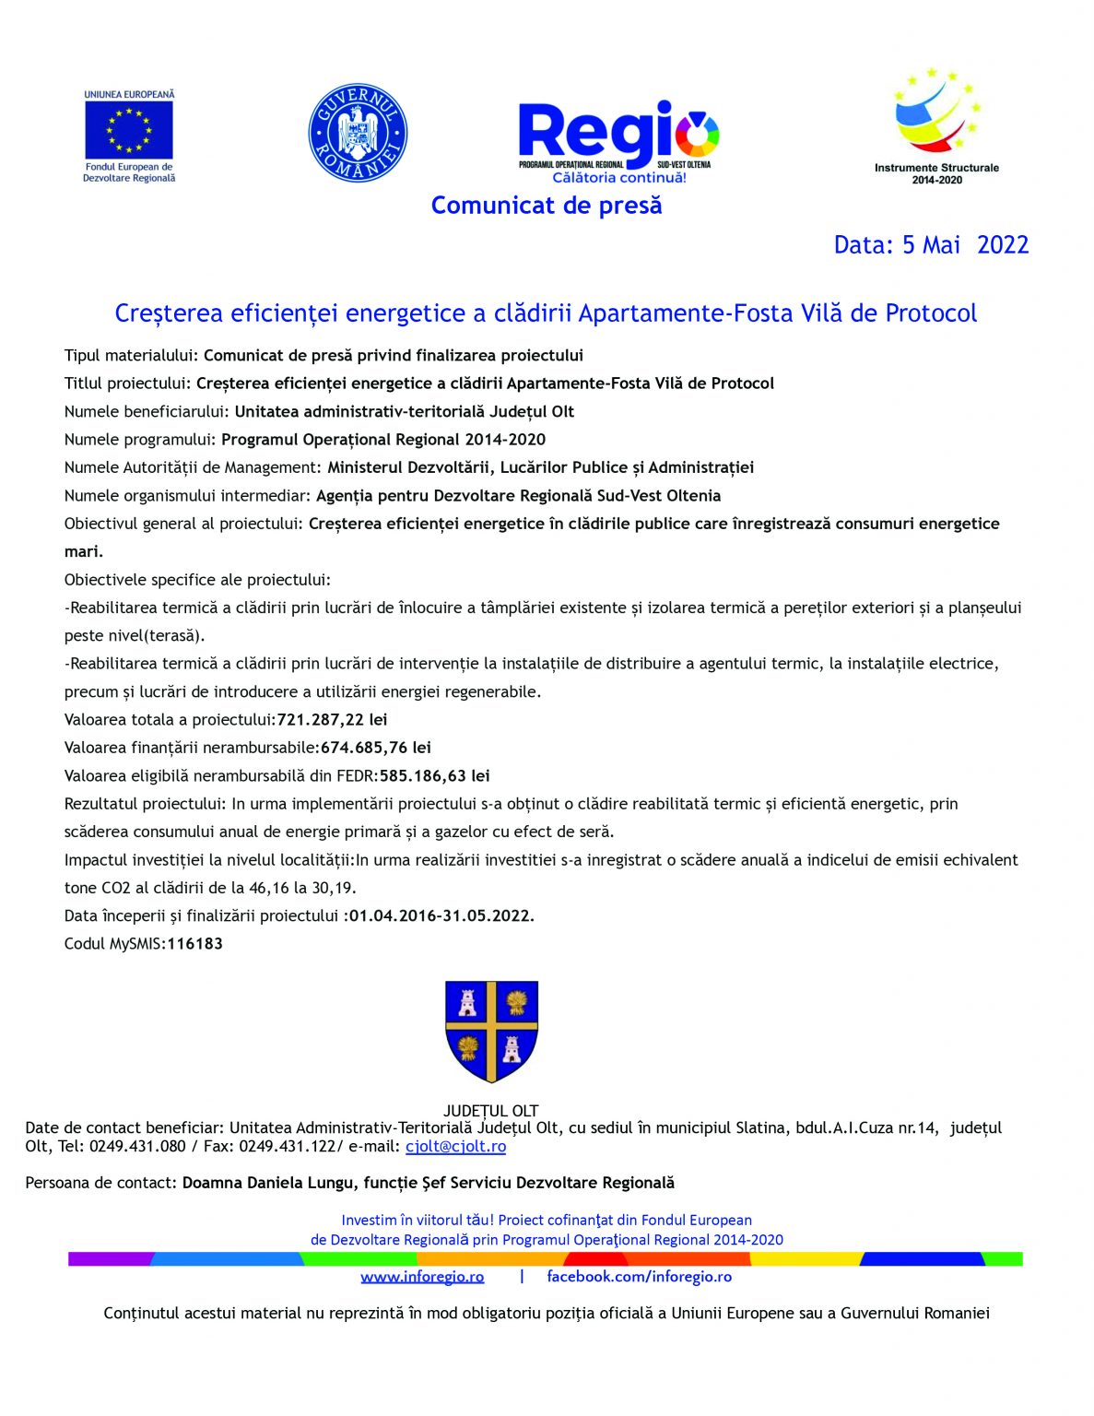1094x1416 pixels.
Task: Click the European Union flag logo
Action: point(129,130)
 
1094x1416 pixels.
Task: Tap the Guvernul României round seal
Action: point(358,133)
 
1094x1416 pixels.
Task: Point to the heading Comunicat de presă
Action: point(547,206)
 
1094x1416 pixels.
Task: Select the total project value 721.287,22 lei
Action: point(332,720)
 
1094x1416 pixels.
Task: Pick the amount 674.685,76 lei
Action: point(376,748)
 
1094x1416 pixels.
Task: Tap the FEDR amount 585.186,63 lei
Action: point(434,776)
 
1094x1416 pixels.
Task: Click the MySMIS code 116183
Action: point(194,944)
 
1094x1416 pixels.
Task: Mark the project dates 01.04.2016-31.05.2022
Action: point(441,916)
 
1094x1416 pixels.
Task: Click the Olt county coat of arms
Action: point(491,1030)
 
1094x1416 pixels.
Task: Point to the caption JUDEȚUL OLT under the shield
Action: point(490,1111)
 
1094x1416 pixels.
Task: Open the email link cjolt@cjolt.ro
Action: point(455,1147)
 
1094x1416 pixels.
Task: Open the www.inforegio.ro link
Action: point(422,1277)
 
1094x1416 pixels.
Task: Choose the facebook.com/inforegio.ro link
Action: point(639,1277)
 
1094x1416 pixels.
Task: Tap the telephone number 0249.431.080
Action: point(137,1147)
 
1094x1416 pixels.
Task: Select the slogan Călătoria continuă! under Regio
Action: point(619,178)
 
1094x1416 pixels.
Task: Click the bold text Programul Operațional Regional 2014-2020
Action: point(383,440)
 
